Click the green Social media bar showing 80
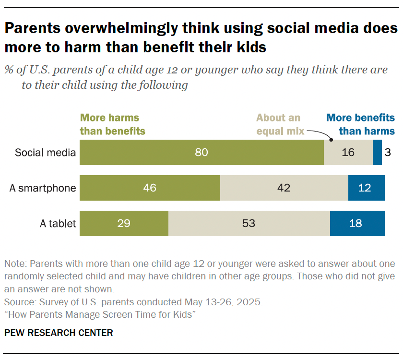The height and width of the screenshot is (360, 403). pyautogui.click(x=201, y=153)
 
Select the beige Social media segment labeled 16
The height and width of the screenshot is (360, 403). pyautogui.click(x=348, y=153)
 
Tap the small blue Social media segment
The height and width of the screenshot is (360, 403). pyautogui.click(x=377, y=153)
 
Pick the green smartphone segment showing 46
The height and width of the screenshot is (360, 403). pyautogui.click(x=150, y=188)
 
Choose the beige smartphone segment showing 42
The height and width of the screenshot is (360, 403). pyautogui.click(x=284, y=188)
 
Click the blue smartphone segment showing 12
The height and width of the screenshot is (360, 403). pyautogui.click(x=366, y=188)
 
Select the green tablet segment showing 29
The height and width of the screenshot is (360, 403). pyautogui.click(x=124, y=224)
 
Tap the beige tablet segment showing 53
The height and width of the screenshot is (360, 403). pyautogui.click(x=249, y=224)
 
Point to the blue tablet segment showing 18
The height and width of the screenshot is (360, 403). pyautogui.click(x=357, y=224)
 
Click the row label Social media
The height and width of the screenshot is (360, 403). pyautogui.click(x=45, y=153)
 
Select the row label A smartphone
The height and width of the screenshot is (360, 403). pyautogui.click(x=43, y=188)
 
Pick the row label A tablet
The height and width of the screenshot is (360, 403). pyautogui.click(x=58, y=224)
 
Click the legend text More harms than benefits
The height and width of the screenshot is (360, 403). pyautogui.click(x=112, y=124)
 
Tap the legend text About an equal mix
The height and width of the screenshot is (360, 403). pyautogui.click(x=278, y=124)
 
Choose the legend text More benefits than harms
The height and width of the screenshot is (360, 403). pyautogui.click(x=360, y=124)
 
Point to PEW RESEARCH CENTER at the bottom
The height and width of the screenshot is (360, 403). pyautogui.click(x=59, y=333)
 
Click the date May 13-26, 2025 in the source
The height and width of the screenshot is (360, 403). pyautogui.click(x=223, y=303)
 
